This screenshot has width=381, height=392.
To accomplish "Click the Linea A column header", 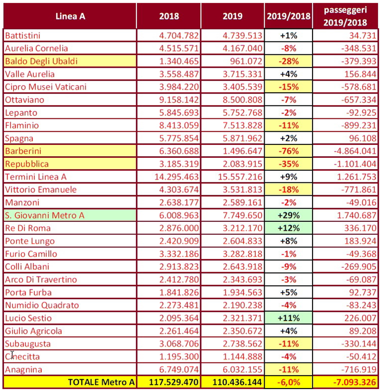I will [x=70, y=16].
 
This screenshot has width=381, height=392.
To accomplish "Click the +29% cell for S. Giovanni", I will [x=289, y=215].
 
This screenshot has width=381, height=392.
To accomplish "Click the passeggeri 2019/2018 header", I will [x=346, y=16].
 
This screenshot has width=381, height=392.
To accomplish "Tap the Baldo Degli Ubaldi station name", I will [x=41, y=62].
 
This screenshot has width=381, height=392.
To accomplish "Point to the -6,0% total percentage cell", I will [x=289, y=382].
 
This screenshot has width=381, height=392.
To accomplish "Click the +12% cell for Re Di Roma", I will [x=289, y=228].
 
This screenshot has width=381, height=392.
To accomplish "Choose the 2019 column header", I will [x=233, y=16].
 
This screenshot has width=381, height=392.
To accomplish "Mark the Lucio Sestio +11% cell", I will [x=289, y=318].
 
